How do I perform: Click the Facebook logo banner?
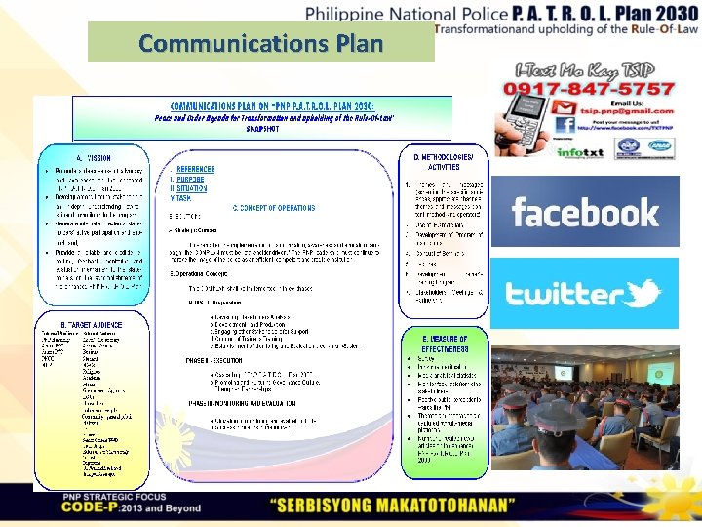[585, 212]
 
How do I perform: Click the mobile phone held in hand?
[526, 117]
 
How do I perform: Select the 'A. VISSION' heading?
[92, 156]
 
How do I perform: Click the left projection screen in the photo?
[565, 372]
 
